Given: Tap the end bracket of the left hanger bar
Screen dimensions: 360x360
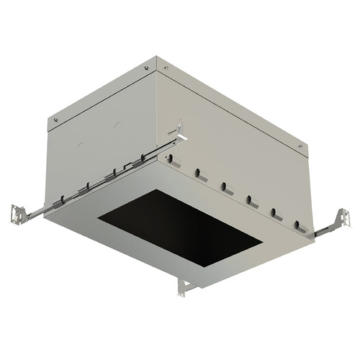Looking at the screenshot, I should (x=17, y=212).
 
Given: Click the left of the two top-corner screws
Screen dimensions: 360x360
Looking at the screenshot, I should (x=147, y=68).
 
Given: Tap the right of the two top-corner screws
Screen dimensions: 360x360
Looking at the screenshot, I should (x=166, y=68).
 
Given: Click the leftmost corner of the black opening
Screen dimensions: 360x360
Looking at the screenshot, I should (x=99, y=219).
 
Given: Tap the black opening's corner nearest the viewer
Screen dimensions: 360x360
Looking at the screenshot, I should (x=204, y=268).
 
